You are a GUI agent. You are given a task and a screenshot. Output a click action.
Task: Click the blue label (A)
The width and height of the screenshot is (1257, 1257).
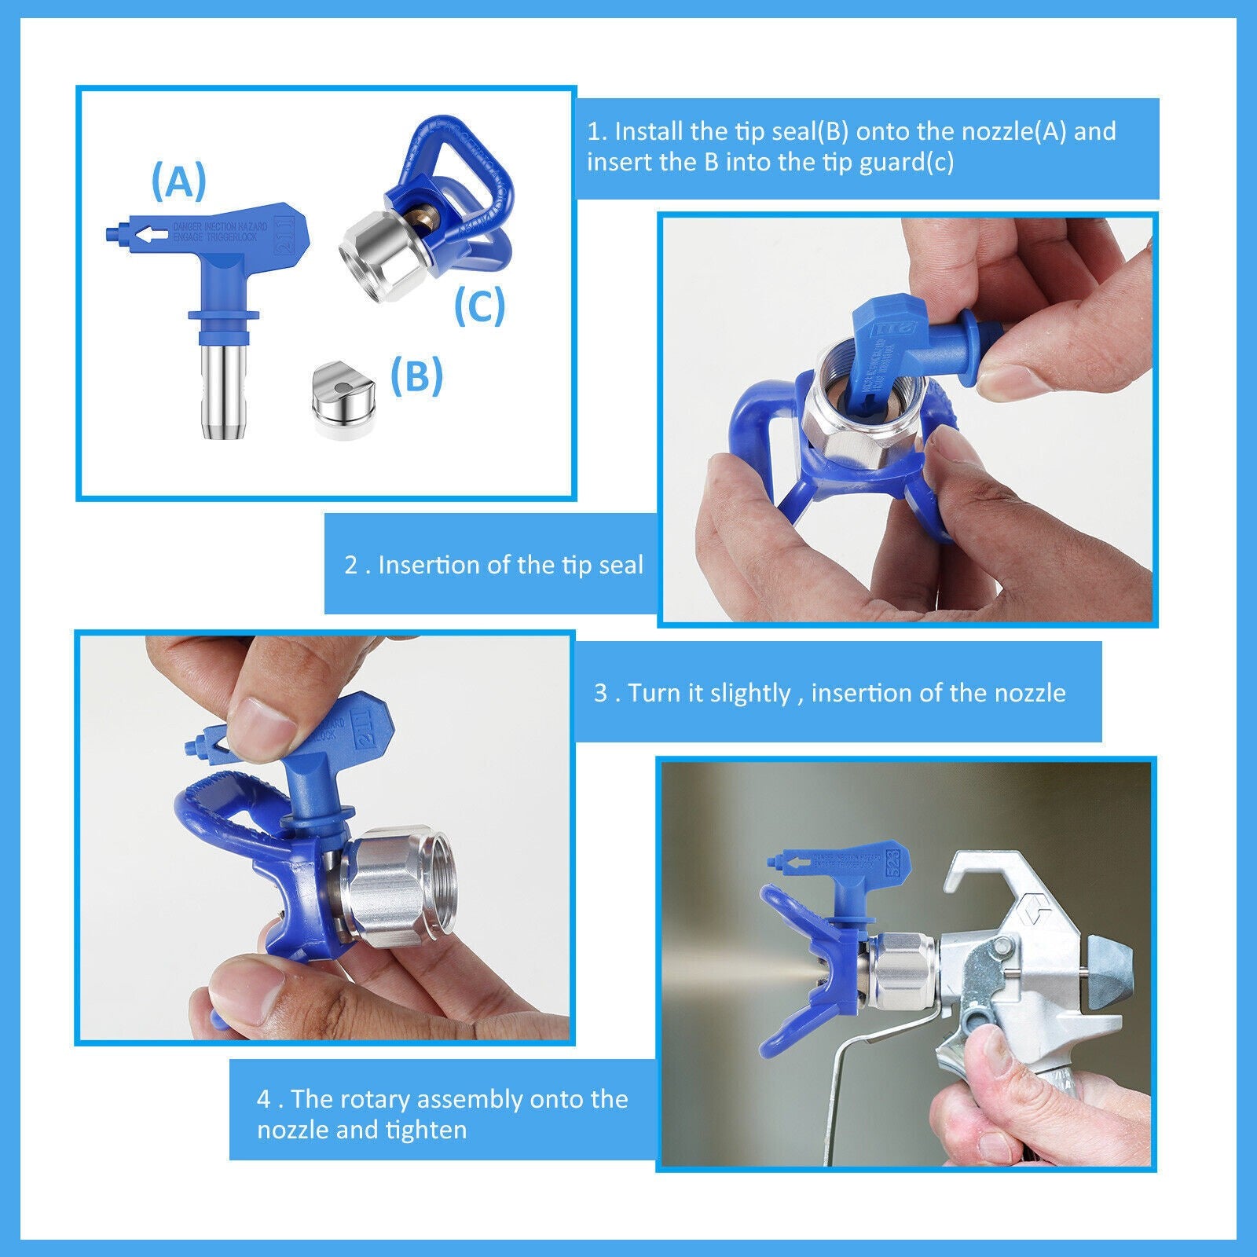[178, 181]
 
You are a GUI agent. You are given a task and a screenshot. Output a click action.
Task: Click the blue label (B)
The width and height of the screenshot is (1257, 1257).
[416, 376]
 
